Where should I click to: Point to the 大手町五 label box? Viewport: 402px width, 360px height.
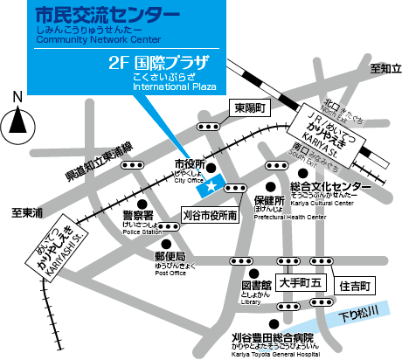pos(301,283)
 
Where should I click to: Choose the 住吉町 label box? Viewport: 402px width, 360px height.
pos(357,285)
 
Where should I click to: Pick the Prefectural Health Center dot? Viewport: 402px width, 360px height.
pos(271,185)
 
